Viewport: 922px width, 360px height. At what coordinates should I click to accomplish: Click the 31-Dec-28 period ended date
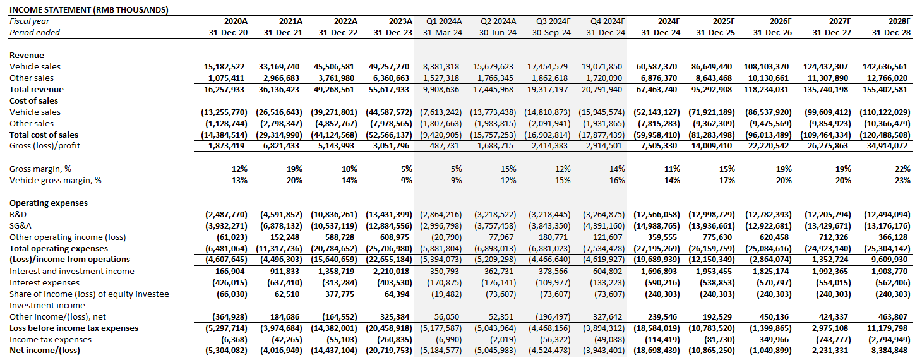[891, 32]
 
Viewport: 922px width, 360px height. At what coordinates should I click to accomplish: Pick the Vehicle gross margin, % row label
[56, 180]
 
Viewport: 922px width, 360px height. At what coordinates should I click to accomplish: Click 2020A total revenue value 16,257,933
[225, 89]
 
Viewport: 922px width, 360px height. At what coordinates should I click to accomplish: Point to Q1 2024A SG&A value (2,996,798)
[440, 225]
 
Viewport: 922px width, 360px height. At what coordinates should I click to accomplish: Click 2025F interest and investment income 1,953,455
[714, 271]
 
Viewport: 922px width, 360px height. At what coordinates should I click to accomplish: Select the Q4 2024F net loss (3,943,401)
[602, 351]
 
